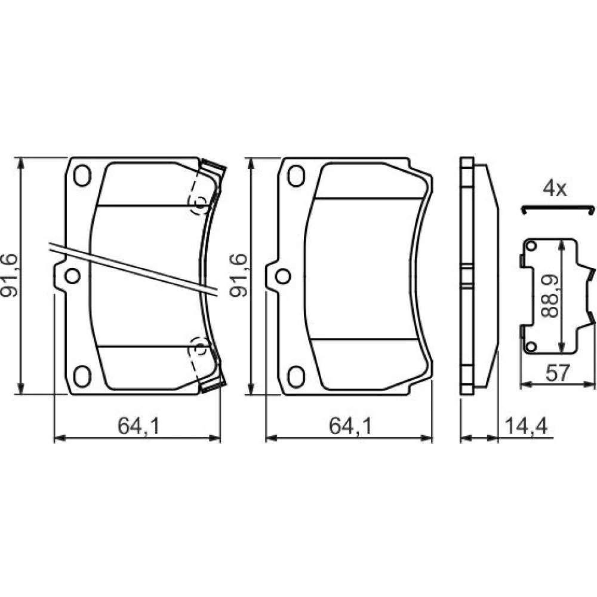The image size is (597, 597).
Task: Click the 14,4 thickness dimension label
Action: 526,426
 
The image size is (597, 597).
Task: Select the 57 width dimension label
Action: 558,373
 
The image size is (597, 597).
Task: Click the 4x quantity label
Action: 555,189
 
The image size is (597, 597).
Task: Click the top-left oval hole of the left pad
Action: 82,176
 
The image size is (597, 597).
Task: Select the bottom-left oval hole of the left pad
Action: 82,376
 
